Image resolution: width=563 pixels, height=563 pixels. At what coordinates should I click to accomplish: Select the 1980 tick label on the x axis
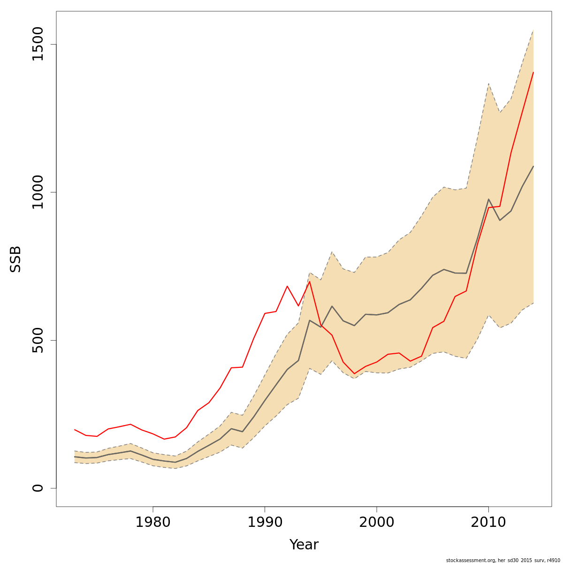(152, 522)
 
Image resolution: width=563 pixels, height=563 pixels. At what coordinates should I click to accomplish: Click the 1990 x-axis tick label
(265, 522)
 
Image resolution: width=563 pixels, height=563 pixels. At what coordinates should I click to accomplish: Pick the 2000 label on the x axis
(376, 522)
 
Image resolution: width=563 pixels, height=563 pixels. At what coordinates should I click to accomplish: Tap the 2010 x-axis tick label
(488, 522)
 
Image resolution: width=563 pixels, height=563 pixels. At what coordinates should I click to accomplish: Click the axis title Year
(304, 545)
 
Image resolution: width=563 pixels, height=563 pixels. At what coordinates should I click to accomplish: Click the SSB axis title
(16, 259)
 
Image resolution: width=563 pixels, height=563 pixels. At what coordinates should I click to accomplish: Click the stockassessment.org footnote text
(503, 560)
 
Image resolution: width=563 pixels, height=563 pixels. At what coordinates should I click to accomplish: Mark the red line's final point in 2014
(533, 72)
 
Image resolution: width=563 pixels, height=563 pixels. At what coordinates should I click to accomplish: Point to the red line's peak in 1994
(310, 281)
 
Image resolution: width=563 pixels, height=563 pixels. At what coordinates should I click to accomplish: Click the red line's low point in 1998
(354, 374)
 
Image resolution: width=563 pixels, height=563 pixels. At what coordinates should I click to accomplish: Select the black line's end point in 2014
(533, 166)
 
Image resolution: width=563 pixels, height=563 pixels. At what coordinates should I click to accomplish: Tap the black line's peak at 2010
(488, 199)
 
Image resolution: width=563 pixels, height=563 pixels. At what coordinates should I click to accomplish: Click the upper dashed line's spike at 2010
(488, 84)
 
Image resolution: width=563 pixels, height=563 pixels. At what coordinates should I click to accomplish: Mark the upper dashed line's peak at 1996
(332, 252)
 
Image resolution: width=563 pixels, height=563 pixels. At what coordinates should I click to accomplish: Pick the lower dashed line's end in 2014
(533, 303)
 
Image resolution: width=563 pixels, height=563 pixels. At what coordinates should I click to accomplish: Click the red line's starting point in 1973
(75, 429)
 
